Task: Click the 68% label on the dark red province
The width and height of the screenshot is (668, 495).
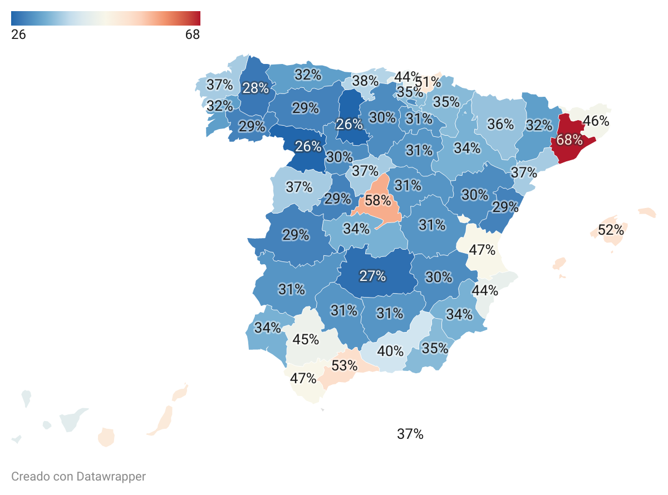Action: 569,140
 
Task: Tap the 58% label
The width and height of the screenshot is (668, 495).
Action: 377,200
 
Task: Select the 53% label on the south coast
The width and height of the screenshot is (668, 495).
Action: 344,365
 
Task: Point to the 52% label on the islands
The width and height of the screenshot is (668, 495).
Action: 611,230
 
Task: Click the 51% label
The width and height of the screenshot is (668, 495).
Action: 428,82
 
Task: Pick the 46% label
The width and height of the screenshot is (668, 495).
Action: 596,121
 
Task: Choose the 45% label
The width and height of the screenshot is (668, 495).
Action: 306,339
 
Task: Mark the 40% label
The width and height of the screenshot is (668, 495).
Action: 390,351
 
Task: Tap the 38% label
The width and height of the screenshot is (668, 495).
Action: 365,81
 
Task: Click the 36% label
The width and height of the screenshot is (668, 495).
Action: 500,124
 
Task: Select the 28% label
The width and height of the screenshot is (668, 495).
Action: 256,88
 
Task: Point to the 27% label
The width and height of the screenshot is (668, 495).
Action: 372,276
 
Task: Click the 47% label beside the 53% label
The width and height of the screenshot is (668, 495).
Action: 303,378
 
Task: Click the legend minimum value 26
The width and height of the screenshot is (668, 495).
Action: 18,34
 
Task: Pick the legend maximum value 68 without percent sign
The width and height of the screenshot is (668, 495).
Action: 193,34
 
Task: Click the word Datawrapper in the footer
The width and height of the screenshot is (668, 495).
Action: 111,477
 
